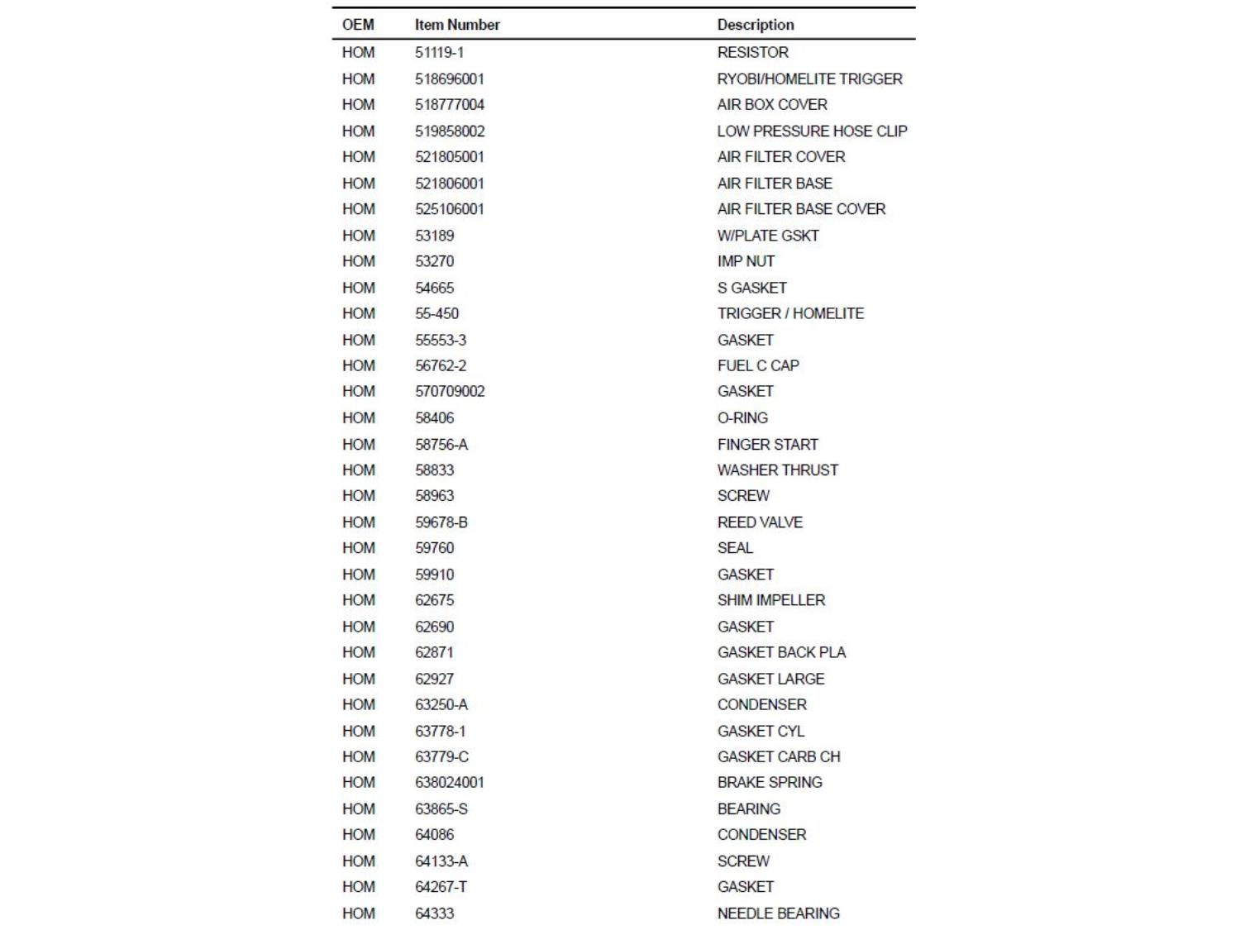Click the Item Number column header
tap(457, 25)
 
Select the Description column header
tap(756, 25)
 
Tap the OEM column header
tap(358, 25)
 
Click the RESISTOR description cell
tap(752, 52)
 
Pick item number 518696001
tap(450, 79)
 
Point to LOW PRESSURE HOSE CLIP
tap(812, 131)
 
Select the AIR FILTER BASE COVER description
tap(801, 209)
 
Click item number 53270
tap(434, 261)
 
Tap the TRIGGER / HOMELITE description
tap(790, 313)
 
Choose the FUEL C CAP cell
tap(758, 365)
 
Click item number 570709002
tap(450, 391)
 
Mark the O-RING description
tap(742, 417)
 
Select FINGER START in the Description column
tap(767, 444)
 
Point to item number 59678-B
tap(441, 522)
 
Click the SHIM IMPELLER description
tap(771, 600)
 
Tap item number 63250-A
tap(441, 704)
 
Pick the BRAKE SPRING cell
tap(770, 782)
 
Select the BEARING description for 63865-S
tap(749, 808)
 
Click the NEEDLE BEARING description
tap(778, 913)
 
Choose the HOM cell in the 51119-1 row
tap(358, 52)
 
